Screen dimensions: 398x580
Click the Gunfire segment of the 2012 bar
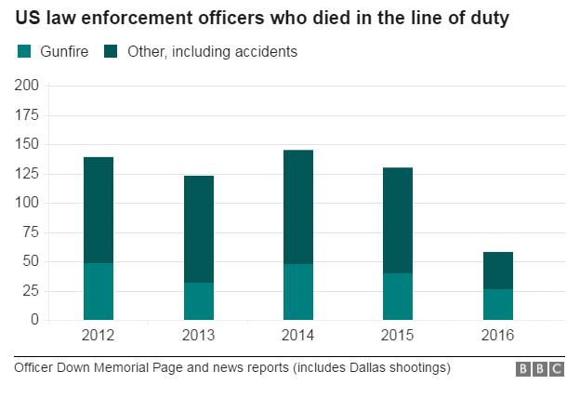(99, 291)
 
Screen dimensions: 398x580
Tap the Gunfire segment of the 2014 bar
(298, 292)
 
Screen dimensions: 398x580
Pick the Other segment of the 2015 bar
(398, 220)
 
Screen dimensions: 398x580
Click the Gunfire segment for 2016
(498, 304)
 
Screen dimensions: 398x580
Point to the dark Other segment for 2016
(498, 271)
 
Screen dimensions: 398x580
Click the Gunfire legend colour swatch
(25, 52)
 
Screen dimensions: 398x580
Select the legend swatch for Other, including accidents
(111, 52)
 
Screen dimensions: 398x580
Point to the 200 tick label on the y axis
(27, 86)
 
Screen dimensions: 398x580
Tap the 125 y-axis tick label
(27, 173)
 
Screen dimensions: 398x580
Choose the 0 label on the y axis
(35, 320)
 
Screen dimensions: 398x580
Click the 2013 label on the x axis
(199, 335)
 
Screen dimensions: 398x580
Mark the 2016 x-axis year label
(498, 335)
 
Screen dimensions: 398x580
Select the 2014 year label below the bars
(298, 335)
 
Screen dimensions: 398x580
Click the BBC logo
(540, 369)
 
